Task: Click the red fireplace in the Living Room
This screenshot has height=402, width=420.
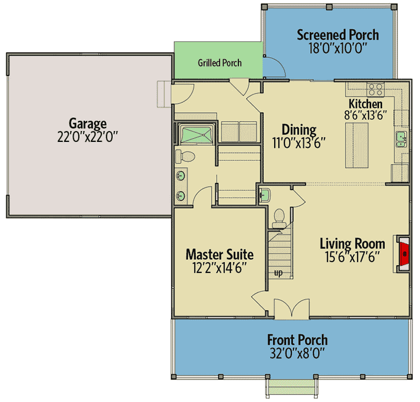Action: (404, 254)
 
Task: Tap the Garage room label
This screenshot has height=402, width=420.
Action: (88, 124)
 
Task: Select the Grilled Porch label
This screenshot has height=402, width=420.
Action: (219, 63)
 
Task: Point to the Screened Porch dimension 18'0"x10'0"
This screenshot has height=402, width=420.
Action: (338, 48)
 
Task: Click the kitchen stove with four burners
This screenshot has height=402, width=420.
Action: (375, 89)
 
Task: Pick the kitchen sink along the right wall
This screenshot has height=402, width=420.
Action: (401, 139)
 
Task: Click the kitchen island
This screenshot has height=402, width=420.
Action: (356, 145)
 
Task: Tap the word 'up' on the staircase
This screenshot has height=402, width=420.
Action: (278, 273)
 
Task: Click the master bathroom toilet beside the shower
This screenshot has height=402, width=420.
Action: (185, 157)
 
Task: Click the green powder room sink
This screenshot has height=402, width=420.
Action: (265, 195)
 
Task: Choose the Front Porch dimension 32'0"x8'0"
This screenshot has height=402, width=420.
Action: (297, 353)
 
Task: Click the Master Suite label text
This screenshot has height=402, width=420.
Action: (219, 254)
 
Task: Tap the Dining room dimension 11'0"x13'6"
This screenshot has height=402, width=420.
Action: (299, 143)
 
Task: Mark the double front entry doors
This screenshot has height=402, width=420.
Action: (292, 309)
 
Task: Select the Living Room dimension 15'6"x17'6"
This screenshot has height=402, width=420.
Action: (352, 257)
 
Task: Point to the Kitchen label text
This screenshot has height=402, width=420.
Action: (365, 104)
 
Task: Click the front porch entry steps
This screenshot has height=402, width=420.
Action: (292, 387)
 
